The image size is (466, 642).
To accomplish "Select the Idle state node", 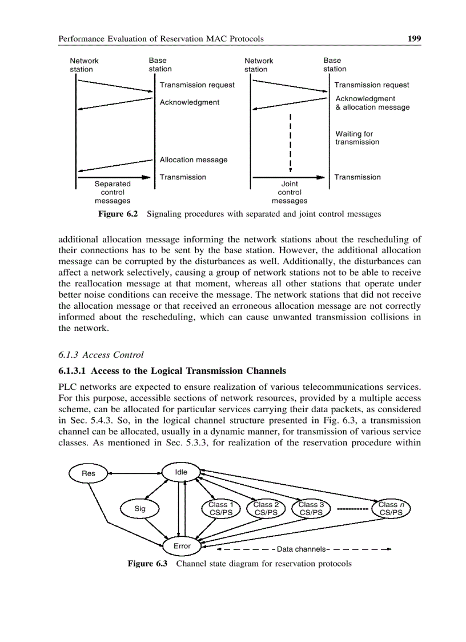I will [x=180, y=472].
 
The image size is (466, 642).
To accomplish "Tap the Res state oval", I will [x=88, y=473].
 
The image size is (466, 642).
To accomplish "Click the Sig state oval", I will [x=140, y=508].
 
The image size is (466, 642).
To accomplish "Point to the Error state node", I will [x=182, y=547].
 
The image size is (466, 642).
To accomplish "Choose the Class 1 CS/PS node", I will [x=220, y=508].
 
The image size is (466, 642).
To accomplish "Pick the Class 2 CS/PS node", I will [x=266, y=508].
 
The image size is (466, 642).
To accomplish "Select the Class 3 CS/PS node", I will [x=311, y=508].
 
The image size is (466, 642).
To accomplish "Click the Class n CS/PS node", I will [x=391, y=508].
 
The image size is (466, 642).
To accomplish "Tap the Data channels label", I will [x=301, y=549].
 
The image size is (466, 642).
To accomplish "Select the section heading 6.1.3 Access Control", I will [x=101, y=354].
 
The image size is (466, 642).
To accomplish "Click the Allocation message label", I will [x=194, y=160].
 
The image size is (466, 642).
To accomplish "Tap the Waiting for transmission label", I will [x=357, y=138].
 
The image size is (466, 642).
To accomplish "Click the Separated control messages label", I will [x=113, y=192].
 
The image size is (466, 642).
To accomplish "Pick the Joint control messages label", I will [x=290, y=192].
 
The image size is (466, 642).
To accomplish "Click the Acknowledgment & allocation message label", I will [x=372, y=103].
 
